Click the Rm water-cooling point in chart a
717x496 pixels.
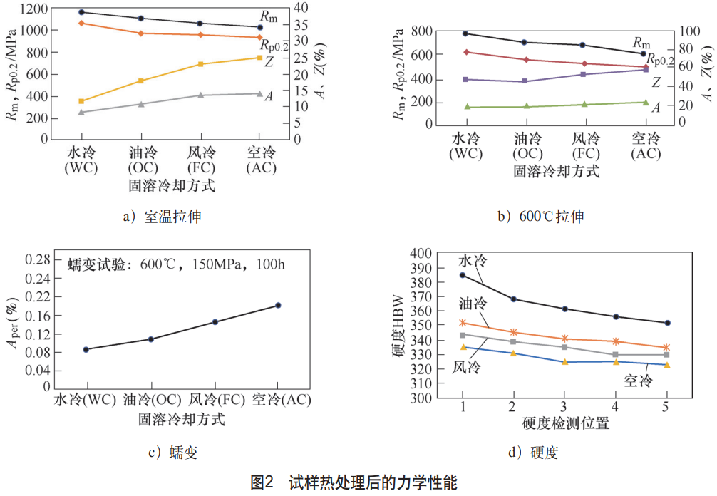tap(81, 12)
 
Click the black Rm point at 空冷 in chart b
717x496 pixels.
tap(644, 53)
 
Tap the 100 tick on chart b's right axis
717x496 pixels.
tap(691, 31)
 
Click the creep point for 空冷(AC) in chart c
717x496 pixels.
tap(278, 305)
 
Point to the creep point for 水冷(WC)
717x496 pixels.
tap(86, 349)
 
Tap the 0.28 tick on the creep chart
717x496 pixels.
tap(39, 258)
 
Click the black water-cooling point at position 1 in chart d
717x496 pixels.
tap(463, 275)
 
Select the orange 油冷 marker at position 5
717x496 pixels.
tap(667, 348)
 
